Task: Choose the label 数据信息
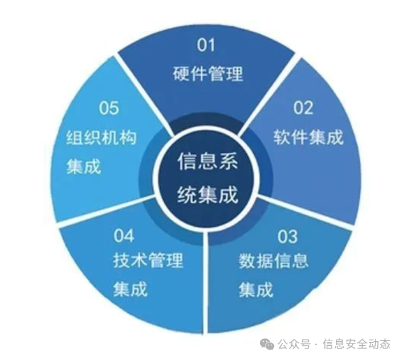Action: pos(273,261)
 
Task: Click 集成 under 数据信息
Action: pos(256,290)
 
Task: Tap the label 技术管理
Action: pos(148,261)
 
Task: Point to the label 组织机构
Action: pos(101,138)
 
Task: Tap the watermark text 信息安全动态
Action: pos(356,344)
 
